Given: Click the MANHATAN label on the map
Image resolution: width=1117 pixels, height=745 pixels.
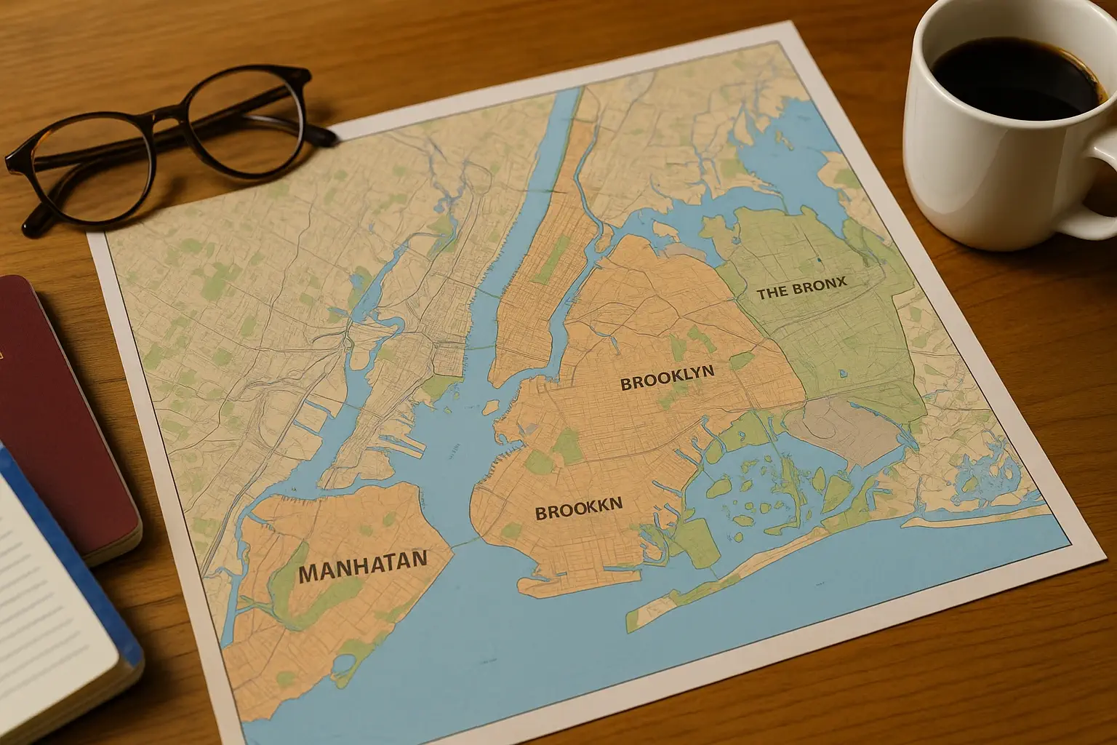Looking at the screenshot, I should tap(362, 566).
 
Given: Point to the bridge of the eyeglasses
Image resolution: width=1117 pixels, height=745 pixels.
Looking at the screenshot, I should tap(164, 120).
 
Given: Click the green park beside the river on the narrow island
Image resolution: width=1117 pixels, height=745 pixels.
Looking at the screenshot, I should tap(549, 258).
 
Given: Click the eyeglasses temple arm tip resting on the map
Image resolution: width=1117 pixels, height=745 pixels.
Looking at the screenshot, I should tap(329, 135).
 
